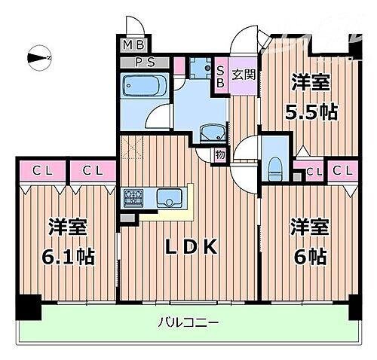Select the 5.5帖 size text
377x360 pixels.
[x=308, y=112]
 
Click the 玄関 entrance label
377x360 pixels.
[x=243, y=75]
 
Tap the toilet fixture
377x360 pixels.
[x=275, y=165]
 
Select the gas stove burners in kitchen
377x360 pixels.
[x=135, y=199]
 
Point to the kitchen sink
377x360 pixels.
[x=166, y=199]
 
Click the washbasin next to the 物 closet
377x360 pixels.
[x=212, y=133]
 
